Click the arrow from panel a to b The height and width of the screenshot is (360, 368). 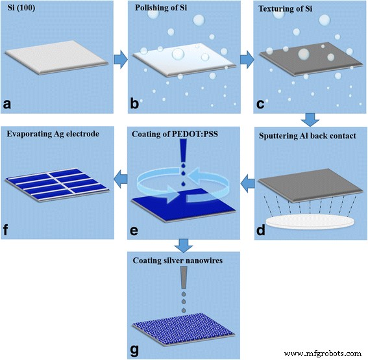(119, 60)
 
